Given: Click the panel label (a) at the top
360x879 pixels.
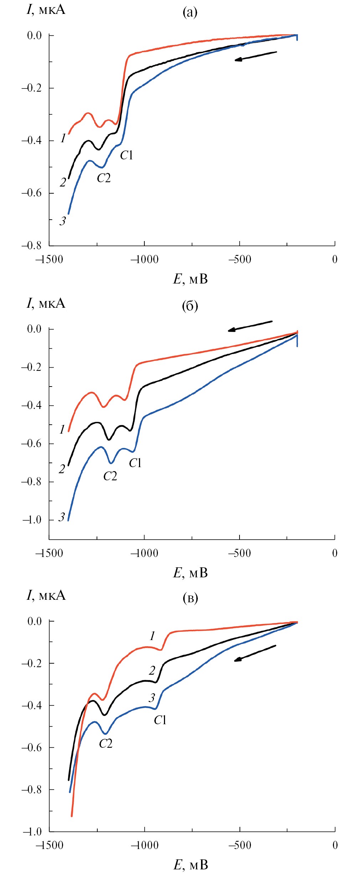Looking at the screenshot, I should [x=190, y=12].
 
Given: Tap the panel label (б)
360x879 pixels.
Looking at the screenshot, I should [x=190, y=306].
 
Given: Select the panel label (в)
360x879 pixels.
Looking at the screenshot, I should [x=190, y=598].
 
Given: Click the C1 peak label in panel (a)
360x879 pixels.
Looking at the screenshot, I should [x=127, y=155].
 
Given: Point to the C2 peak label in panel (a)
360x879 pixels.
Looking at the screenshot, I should [x=104, y=178].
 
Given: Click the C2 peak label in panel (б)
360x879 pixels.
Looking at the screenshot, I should [x=110, y=476].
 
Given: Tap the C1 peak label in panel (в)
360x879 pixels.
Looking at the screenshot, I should [x=160, y=720].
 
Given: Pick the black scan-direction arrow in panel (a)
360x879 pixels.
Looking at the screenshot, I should [x=255, y=56].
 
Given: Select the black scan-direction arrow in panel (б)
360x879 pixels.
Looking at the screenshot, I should [x=250, y=326].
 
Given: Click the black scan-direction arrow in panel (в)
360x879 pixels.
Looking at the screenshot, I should [x=254, y=653].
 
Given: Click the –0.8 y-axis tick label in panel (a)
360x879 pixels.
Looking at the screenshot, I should [x=31, y=245].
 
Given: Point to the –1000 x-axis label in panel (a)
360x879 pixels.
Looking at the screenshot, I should [x=144, y=259].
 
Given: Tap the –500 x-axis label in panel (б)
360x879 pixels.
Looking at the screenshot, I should [x=240, y=553].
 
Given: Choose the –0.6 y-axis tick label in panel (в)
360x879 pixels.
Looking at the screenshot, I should [x=31, y=747].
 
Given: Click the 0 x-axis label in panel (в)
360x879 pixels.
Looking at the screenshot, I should [x=335, y=845].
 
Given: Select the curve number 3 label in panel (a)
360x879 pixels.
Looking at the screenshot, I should [x=63, y=221].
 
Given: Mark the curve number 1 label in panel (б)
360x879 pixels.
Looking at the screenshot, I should [x=62, y=429].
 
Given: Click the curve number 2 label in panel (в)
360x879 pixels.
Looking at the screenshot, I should [x=152, y=671].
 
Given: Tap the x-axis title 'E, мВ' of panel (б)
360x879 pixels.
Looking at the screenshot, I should [x=190, y=573].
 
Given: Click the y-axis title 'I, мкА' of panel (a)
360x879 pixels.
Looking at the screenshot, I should [x=46, y=9].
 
